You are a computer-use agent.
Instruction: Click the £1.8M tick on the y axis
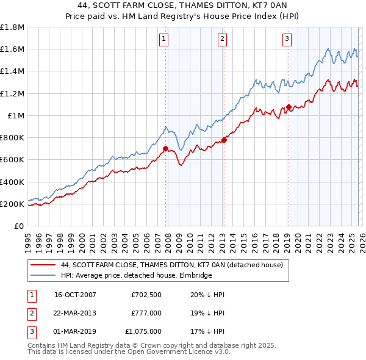pyautogui.click(x=13, y=27)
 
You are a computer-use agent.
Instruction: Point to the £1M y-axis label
pyautogui.click(x=16, y=115)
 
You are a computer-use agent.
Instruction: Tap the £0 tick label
pyautogui.click(x=20, y=226)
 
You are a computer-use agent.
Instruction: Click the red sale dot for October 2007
pyautogui.click(x=165, y=148)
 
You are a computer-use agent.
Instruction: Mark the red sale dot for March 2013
pyautogui.click(x=224, y=140)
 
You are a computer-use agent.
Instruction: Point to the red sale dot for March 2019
pyautogui.click(x=288, y=107)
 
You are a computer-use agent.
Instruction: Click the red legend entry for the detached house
pyautogui.click(x=171, y=265)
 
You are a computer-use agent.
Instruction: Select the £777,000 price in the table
pyautogui.click(x=146, y=313)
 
